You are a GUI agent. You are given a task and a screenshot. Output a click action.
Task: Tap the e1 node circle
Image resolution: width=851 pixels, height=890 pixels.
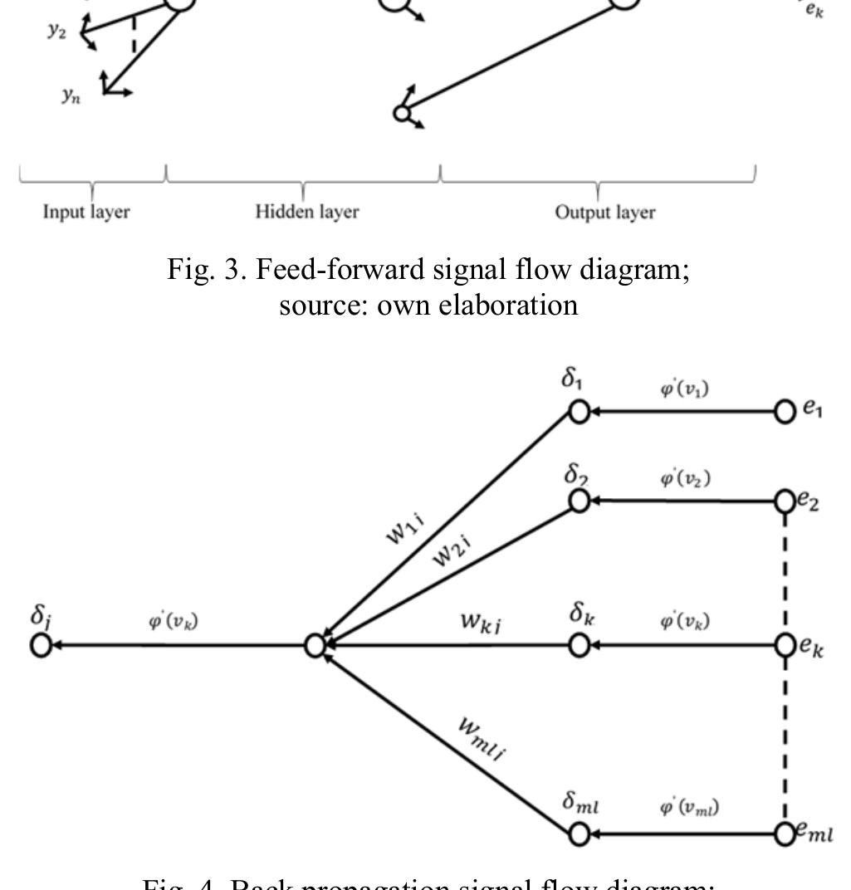tap(784, 411)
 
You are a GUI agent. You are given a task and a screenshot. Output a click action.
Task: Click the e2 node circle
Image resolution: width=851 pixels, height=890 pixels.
tap(784, 501)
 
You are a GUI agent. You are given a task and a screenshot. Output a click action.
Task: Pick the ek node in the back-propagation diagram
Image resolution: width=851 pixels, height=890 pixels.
tap(784, 644)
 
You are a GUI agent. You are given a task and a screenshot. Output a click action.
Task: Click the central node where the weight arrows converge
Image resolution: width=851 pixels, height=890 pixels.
tap(314, 644)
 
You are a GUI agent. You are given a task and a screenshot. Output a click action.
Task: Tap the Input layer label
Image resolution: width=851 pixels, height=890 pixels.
tap(87, 213)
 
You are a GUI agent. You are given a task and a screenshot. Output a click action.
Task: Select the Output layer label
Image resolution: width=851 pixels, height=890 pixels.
tap(604, 213)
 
